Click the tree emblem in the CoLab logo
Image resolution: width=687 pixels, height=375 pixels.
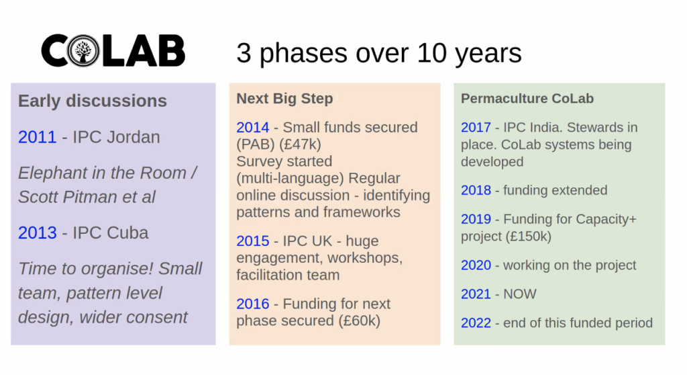pyautogui.click(x=83, y=51)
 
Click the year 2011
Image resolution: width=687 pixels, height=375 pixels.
pyautogui.click(x=38, y=137)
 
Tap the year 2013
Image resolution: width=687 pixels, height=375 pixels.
pyautogui.click(x=38, y=233)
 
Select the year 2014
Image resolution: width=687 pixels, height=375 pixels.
pyautogui.click(x=253, y=127)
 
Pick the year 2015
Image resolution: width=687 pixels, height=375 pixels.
pyautogui.click(x=253, y=241)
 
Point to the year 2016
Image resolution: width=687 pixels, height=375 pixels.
pyautogui.click(x=253, y=303)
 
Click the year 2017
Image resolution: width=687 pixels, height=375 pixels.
pyautogui.click(x=476, y=127)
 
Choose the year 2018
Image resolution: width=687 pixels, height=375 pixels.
pyautogui.click(x=476, y=190)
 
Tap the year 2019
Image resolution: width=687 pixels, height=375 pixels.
pyautogui.click(x=476, y=218)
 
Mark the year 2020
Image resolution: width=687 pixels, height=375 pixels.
pyautogui.click(x=476, y=265)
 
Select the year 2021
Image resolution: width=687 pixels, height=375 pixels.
pyautogui.click(x=476, y=294)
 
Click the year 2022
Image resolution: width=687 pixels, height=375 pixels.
pyautogui.click(x=476, y=323)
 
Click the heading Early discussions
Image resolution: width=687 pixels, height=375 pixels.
pyautogui.click(x=93, y=101)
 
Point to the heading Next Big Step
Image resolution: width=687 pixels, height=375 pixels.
pyautogui.click(x=284, y=98)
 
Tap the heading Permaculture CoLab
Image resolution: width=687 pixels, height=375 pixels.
pyautogui.click(x=527, y=98)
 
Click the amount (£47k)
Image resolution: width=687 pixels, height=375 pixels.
pyautogui.click(x=300, y=144)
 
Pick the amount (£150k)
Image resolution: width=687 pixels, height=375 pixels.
pyautogui.click(x=529, y=237)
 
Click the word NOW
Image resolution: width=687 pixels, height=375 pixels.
pyautogui.click(x=520, y=294)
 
